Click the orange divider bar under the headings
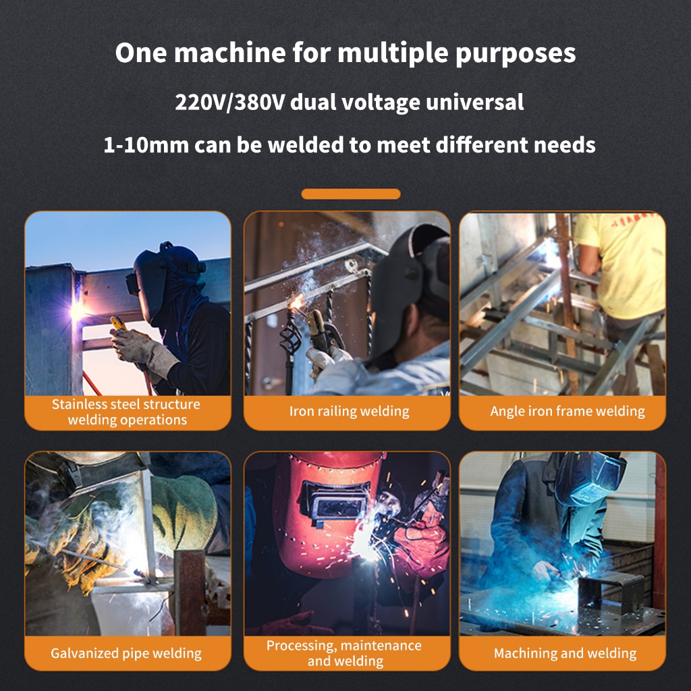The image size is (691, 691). click(351, 194)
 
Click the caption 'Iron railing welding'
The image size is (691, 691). click(349, 411)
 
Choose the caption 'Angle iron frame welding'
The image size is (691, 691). click(568, 411)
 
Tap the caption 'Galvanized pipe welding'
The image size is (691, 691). click(126, 653)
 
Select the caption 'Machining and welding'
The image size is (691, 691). click(565, 653)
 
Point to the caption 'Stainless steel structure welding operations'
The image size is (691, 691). click(126, 412)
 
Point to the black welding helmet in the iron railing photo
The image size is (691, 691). click(405, 283)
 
